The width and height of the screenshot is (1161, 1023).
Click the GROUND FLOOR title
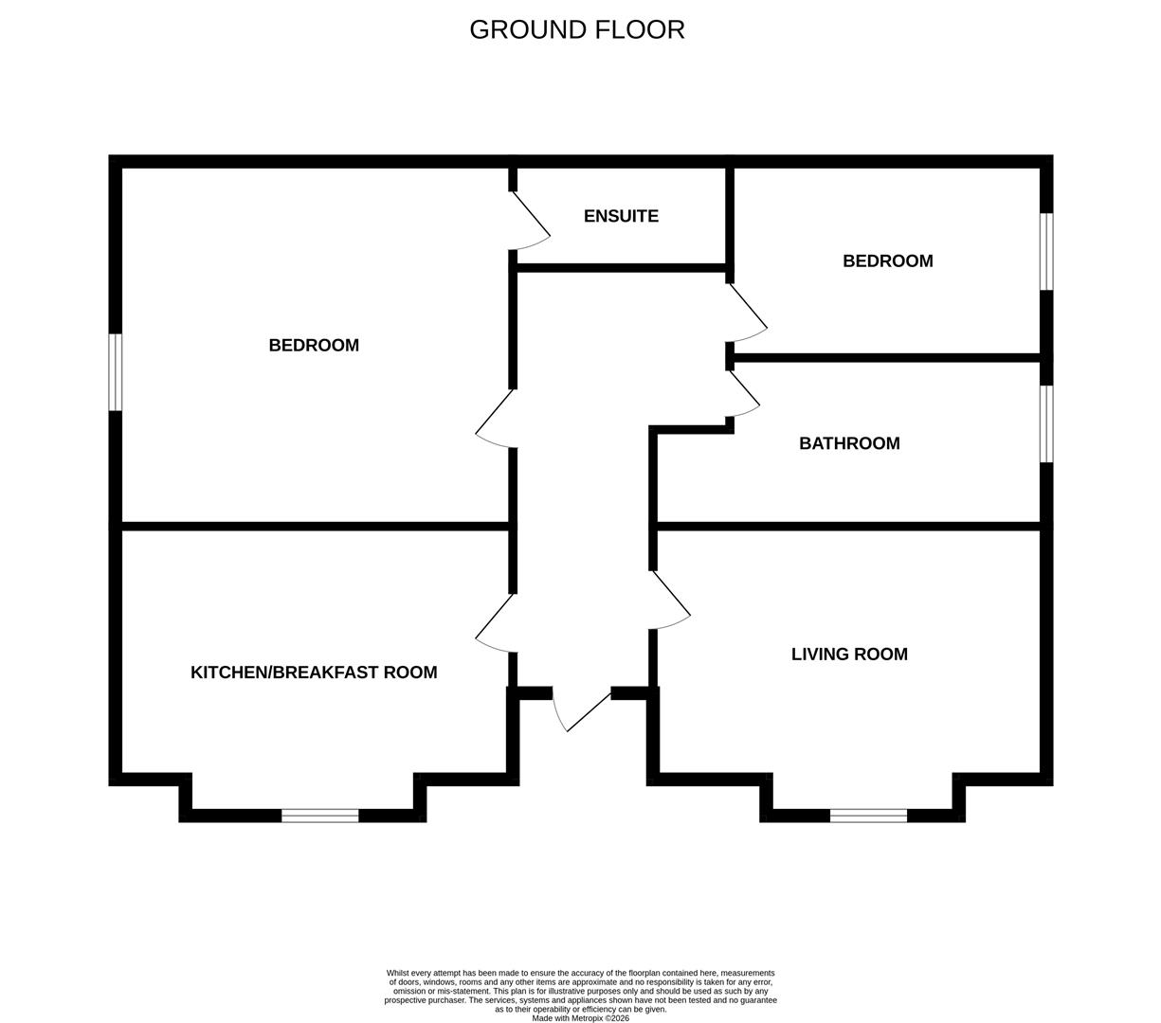pyautogui.click(x=577, y=29)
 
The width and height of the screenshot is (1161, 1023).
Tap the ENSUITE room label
pyautogui.click(x=621, y=216)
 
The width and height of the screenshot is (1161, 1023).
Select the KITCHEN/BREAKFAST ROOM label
pyautogui.click(x=314, y=672)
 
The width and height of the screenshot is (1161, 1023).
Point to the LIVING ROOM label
pyautogui.click(x=849, y=655)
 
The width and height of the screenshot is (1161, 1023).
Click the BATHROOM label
pyautogui.click(x=849, y=443)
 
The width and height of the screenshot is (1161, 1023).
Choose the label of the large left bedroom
pyautogui.click(x=314, y=345)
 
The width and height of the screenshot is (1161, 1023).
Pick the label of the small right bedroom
pyautogui.click(x=888, y=261)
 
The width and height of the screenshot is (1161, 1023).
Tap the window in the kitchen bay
pyautogui.click(x=319, y=816)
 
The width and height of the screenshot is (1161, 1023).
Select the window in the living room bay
pyautogui.click(x=869, y=816)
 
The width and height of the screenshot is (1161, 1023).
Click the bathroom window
pyautogui.click(x=1046, y=423)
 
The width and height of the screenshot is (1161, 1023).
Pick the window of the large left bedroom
pyautogui.click(x=116, y=372)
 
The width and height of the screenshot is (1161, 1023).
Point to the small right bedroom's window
pyautogui.click(x=1046, y=252)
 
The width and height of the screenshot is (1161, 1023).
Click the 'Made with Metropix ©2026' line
pyautogui.click(x=580, y=1018)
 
